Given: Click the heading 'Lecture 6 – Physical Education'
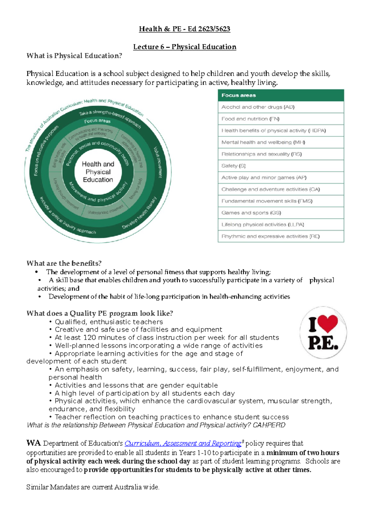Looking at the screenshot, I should (184, 47).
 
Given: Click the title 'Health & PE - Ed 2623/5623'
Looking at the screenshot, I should (184, 29).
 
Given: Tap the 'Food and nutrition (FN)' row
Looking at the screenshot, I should (280, 119).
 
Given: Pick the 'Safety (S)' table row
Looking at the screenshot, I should (280, 166).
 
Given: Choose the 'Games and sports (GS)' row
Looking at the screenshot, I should (280, 213).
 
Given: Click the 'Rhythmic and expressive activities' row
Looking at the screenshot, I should (280, 236).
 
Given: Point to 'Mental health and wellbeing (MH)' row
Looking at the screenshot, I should (280, 142).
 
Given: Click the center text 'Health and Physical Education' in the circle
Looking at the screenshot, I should (98, 172).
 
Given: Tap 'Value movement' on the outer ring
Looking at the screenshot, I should (158, 162).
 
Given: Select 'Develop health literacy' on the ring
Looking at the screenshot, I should (139, 213).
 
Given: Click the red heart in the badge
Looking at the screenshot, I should (328, 324).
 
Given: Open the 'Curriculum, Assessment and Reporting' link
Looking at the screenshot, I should (183, 443).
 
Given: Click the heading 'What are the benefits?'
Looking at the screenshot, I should (64, 263).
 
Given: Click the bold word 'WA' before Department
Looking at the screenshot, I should (34, 443).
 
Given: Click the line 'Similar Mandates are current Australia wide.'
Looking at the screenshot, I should (93, 487).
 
